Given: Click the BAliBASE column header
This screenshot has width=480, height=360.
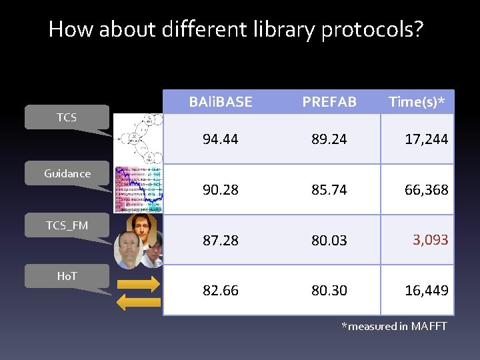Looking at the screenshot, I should coord(220,102).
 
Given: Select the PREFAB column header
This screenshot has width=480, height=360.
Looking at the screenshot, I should coord(329,102).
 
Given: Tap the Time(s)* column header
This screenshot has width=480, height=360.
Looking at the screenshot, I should coord(417,102).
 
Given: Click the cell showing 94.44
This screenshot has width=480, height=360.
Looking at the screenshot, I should coord(220,139).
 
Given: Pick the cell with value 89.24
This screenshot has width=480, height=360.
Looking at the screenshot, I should coord(329,139).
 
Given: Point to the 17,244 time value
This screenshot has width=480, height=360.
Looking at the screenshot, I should coord(426,139).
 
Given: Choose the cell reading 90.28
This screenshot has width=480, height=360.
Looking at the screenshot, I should coord(220,190).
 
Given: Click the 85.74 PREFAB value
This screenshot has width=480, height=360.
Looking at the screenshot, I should coord(329,190).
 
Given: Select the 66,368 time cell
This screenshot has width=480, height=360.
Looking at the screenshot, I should coord(426,190).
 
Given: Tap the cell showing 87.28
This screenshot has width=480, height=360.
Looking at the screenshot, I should coord(220,240).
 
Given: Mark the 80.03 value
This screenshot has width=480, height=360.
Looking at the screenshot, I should coord(329,240).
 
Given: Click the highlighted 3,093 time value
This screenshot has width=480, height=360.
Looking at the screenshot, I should coord(430,239).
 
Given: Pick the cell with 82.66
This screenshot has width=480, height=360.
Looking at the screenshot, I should coord(220,291).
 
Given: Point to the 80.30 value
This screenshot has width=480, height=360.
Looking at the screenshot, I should coord(329,291).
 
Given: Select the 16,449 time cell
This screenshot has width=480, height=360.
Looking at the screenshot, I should coord(426,291).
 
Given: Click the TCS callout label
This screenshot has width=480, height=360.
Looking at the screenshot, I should coord(67,117).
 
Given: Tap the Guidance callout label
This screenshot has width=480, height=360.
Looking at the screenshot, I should coord(67,173).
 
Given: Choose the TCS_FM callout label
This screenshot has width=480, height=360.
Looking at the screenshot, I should coord(67,225).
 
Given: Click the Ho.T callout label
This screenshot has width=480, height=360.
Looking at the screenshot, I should coord(67,275).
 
